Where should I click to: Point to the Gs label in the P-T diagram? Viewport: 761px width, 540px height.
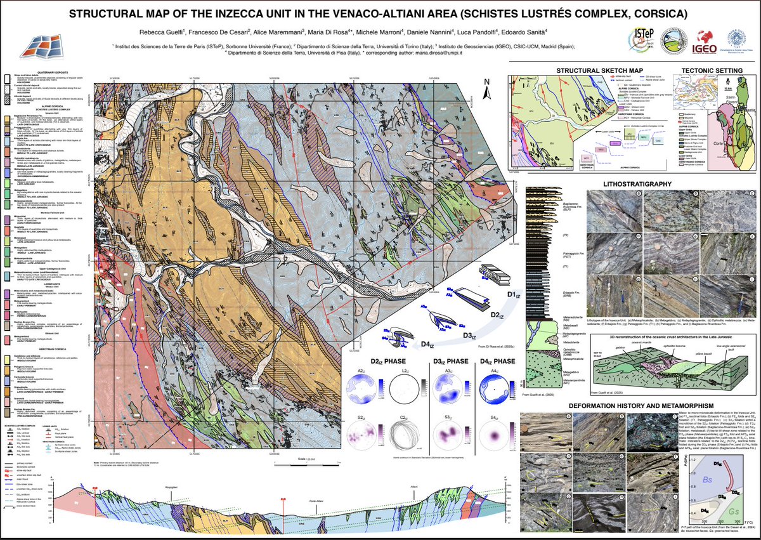pos(734,511)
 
